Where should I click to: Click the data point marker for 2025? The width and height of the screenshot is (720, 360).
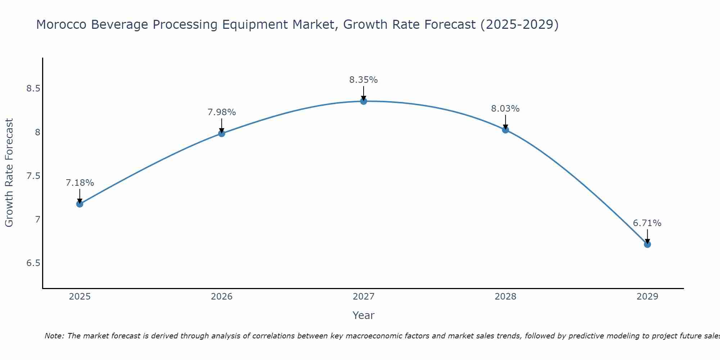click(80, 204)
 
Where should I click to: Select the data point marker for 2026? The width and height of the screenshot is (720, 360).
click(222, 134)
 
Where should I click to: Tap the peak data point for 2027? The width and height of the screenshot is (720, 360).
click(364, 101)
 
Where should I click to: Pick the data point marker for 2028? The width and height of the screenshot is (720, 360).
click(505, 130)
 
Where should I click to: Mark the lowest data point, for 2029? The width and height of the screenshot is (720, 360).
click(647, 244)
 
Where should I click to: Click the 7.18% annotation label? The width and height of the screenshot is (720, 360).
click(80, 183)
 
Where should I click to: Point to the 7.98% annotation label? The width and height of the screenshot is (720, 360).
click(222, 112)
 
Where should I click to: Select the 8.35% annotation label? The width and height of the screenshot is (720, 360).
click(364, 80)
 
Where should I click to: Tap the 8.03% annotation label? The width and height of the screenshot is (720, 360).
click(505, 109)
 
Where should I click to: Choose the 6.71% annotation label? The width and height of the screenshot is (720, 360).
click(647, 223)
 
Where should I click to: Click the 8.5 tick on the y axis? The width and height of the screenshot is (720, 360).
click(33, 89)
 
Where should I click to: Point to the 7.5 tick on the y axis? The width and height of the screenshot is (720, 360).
click(33, 176)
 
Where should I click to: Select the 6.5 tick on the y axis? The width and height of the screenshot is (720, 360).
click(33, 263)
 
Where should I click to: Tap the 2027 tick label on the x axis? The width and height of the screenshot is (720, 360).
click(364, 297)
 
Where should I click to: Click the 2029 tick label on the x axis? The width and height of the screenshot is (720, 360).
click(647, 297)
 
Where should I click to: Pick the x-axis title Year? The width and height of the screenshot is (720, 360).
click(364, 315)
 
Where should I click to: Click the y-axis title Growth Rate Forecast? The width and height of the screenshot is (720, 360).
click(9, 173)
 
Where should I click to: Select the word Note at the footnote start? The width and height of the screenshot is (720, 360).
click(54, 336)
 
